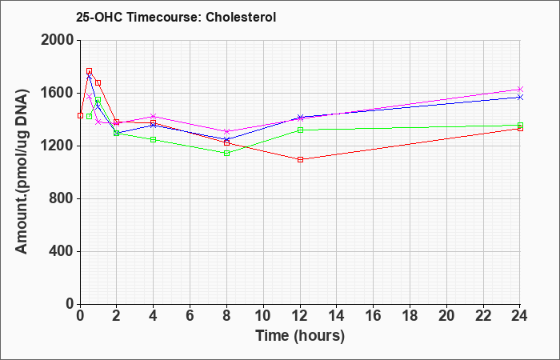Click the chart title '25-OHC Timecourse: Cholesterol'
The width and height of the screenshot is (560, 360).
coord(176,17)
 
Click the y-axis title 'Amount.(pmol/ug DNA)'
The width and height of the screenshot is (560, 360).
coord(22,172)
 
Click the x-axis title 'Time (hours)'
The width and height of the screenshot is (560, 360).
coord(300,336)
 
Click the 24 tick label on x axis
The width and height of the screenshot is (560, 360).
coord(519,316)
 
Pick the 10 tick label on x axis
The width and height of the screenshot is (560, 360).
coord(263,316)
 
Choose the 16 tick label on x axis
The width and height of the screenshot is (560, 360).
coord(374,316)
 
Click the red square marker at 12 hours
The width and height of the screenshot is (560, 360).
coord(300,159)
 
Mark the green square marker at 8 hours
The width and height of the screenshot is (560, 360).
coord(226,154)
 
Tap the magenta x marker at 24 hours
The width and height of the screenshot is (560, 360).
coord(520,89)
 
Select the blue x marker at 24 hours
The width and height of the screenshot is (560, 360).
coord(520,97)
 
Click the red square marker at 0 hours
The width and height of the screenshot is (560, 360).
coord(80,115)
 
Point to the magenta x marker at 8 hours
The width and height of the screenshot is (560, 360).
coord(226,131)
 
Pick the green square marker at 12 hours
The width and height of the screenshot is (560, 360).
coord(300,130)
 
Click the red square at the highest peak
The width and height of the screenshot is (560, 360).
coord(90,70)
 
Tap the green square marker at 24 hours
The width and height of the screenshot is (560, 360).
coord(520,126)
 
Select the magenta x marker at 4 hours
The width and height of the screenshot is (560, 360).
coord(154,116)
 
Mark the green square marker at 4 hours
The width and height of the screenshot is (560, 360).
coord(154,139)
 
